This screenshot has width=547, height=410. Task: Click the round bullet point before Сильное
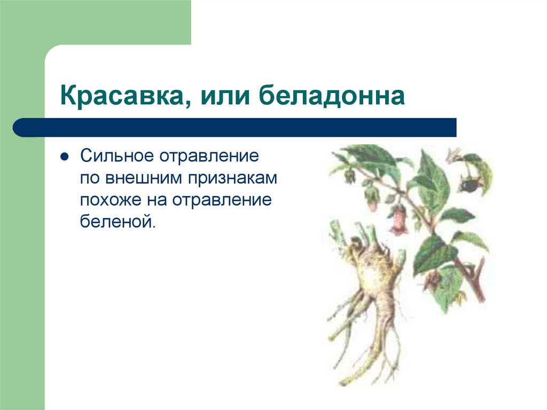click(x=64, y=158)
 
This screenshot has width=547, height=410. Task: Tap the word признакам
click(x=233, y=179)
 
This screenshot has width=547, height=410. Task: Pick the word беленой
click(x=117, y=221)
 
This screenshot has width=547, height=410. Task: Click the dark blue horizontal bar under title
click(x=235, y=128)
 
